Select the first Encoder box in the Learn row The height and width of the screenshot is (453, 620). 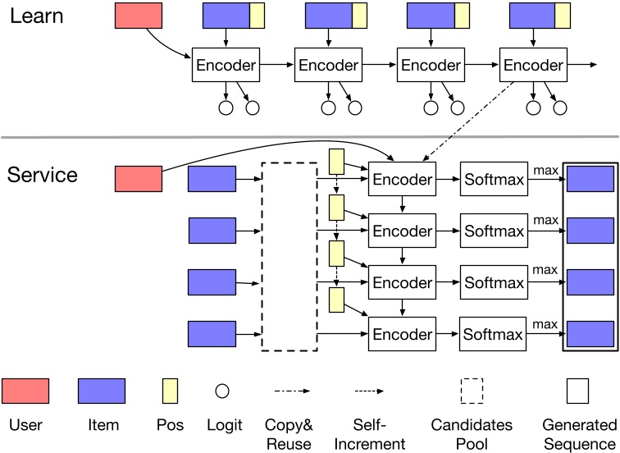coord(226,65)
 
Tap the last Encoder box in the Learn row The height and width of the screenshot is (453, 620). coord(532,65)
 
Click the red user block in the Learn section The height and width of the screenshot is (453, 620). coord(139,16)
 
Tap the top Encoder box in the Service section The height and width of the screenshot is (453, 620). coord(402,179)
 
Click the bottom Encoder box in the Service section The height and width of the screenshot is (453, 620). coord(402,334)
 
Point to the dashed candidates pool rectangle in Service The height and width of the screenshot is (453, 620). coord(289,257)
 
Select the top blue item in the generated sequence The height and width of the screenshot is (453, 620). coord(590,179)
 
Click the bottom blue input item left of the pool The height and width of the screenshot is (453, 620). coord(212,334)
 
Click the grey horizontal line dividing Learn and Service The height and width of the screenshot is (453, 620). coord(310,136)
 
